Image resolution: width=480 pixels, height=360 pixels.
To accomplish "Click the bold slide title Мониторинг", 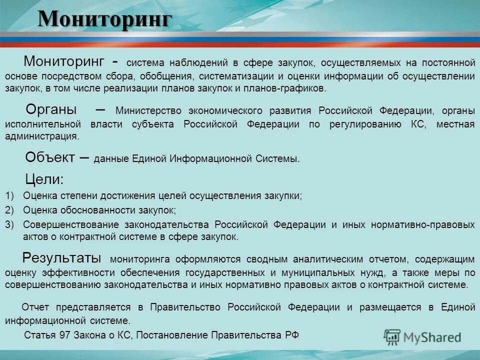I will [105, 19].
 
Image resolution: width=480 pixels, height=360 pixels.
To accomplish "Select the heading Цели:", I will [44, 179].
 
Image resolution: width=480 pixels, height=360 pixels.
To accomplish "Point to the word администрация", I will [42, 135].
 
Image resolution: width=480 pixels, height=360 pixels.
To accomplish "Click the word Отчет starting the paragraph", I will [37, 307].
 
